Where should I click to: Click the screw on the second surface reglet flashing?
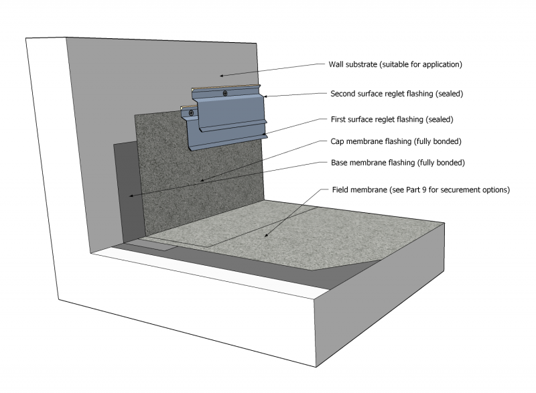tap(225, 93)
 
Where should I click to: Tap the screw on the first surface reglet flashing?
tap(192, 112)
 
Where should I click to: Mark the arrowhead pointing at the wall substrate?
tap(223, 74)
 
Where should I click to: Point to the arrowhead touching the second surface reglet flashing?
tap(265, 97)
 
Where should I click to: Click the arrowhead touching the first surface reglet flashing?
tap(263, 135)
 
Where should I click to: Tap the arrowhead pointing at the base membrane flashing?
tap(131, 195)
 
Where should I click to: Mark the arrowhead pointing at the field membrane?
tap(266, 236)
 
